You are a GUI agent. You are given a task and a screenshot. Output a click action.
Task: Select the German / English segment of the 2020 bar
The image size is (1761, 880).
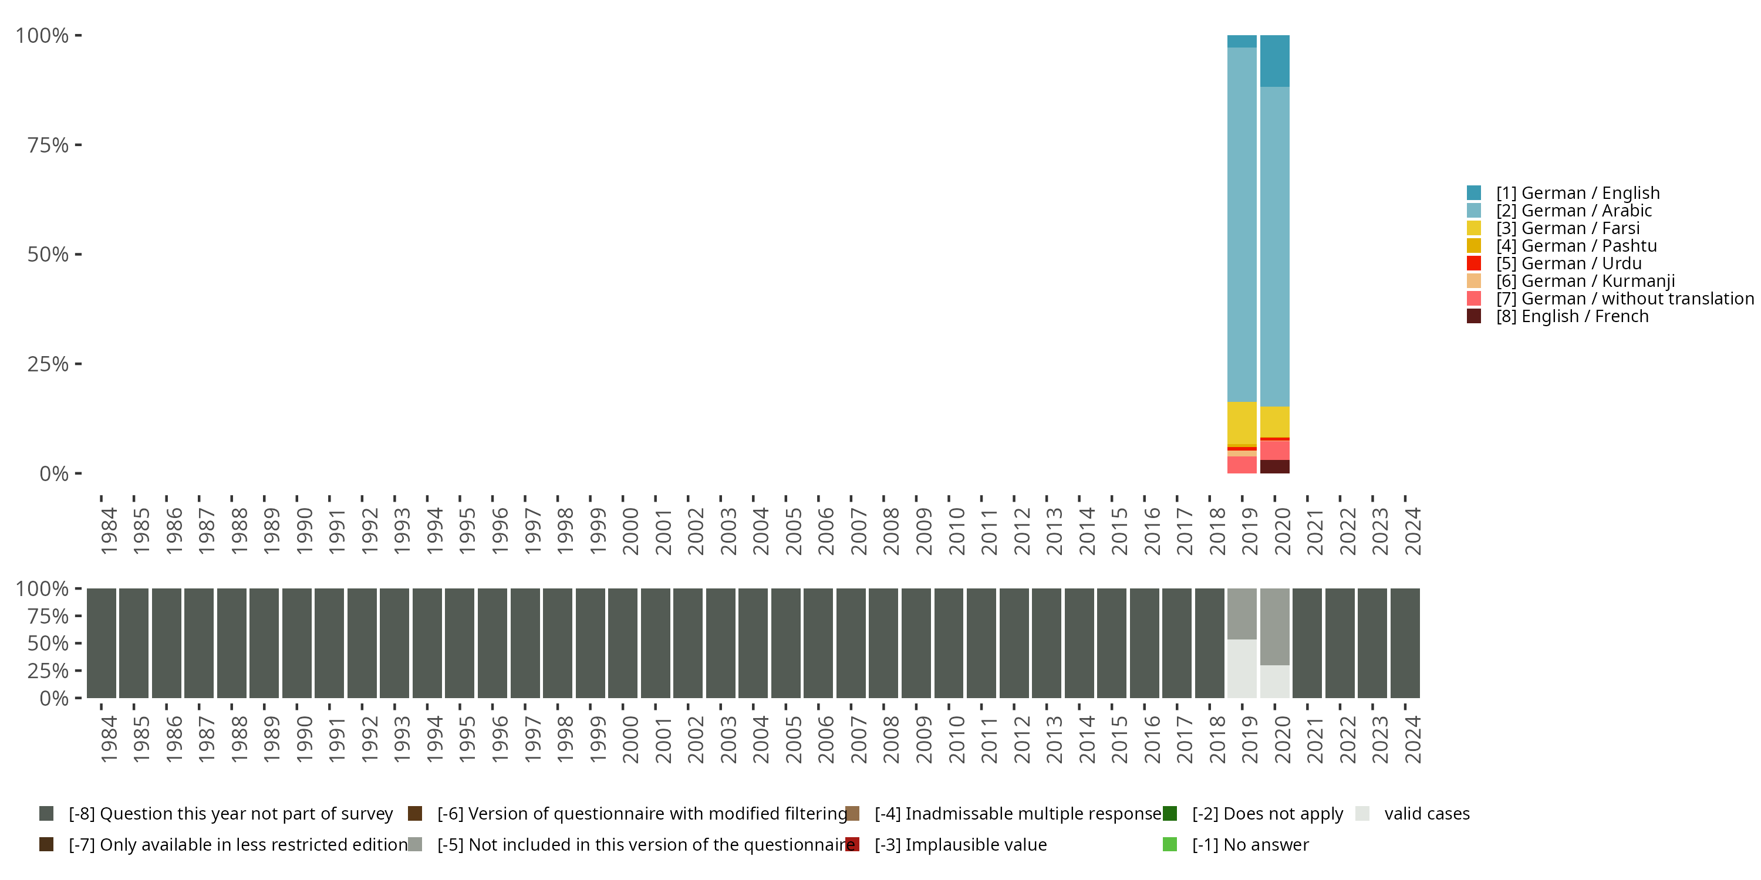pos(1274,61)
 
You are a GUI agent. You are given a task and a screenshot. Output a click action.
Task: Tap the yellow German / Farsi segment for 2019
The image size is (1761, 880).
pos(1242,423)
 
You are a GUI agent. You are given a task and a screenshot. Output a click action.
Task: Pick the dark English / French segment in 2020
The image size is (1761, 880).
pos(1274,466)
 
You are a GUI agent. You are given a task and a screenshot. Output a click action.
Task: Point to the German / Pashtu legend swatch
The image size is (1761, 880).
pos(1474,246)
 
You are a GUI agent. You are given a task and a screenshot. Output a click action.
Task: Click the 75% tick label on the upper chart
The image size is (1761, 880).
pos(48,145)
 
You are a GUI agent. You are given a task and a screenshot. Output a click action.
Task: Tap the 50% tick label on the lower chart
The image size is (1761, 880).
pos(48,644)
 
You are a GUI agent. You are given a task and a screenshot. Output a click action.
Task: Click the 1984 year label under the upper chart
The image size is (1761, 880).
pos(108,531)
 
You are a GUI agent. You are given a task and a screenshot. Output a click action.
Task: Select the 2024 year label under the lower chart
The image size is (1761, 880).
pos(1412,739)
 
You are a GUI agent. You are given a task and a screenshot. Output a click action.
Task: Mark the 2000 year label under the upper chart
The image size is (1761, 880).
pos(630,531)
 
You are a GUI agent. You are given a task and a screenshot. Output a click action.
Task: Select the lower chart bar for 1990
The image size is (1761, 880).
pos(296,643)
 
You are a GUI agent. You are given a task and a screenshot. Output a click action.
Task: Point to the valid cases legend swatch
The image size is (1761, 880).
pos(1362,814)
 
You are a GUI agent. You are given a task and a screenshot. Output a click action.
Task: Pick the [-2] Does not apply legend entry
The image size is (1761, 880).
pos(1267,814)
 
